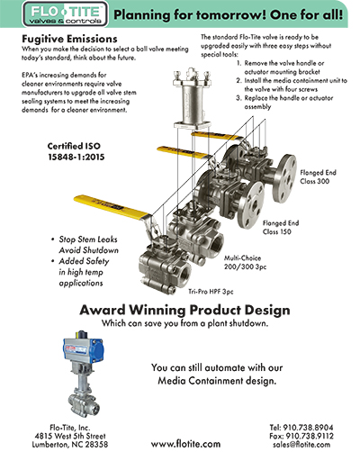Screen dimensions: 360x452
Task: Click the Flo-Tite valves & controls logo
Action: (65, 14)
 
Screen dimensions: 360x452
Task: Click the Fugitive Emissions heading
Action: (69, 39)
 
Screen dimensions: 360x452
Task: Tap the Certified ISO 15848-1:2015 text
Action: (76, 151)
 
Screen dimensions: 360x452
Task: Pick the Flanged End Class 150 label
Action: (281, 227)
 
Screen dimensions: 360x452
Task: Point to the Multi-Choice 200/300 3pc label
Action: (245, 262)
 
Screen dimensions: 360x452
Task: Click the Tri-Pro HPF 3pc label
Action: (211, 292)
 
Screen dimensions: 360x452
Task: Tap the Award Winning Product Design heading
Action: (184, 310)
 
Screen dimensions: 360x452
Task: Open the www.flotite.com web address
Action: (185, 444)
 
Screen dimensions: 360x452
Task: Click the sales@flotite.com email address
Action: (301, 445)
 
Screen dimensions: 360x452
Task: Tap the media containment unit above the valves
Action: (191, 98)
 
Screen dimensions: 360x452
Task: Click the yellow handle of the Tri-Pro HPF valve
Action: (111, 207)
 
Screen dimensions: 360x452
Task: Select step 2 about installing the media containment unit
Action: (292, 85)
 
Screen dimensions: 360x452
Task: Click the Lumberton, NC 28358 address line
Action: (70, 445)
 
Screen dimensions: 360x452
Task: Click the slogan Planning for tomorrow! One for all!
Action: (229, 14)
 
